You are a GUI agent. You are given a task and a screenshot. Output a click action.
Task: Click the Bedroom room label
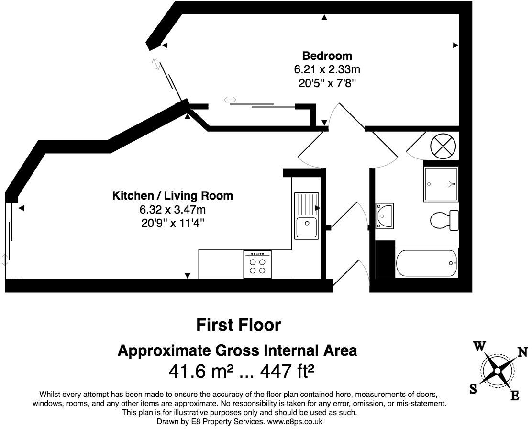327,56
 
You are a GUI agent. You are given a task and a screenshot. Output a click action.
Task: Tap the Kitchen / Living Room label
173,196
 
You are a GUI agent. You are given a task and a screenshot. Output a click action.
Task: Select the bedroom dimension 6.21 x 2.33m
327,69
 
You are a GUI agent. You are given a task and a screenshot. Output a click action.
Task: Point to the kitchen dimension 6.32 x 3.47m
173,210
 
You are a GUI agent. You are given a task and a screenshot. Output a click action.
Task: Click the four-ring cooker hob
257,264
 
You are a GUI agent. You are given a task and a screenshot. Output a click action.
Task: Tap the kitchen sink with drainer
307,215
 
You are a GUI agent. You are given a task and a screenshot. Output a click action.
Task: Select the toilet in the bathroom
444,220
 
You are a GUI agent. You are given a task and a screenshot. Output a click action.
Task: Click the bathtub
427,263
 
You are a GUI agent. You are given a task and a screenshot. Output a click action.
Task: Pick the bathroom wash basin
385,216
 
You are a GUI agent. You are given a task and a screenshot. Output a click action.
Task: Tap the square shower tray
441,184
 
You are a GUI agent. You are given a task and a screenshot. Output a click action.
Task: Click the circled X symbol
443,147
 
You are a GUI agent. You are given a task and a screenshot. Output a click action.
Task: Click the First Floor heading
239,325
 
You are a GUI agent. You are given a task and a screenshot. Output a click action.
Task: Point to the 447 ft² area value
287,371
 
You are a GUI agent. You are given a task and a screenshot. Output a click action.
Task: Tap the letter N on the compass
522,352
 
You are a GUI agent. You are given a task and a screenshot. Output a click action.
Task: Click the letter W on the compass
479,347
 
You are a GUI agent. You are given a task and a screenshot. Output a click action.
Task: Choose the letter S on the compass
473,389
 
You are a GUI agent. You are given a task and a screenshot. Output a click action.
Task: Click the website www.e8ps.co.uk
295,422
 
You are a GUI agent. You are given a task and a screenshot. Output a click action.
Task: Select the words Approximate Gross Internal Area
237,351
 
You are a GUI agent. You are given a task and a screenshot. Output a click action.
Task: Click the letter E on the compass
515,395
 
